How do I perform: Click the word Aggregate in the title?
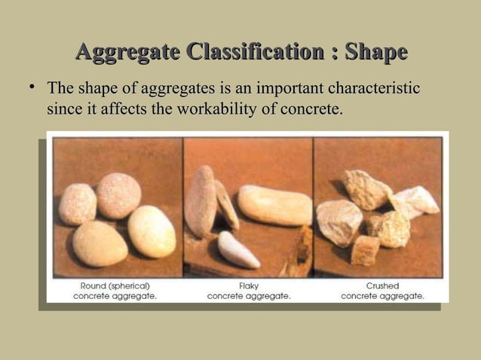[127, 53]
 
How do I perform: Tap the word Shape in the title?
[375, 53]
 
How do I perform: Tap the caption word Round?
[94, 286]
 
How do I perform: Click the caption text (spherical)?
[130, 286]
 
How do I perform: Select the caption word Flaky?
[248, 286]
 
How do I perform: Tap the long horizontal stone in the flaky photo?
[274, 205]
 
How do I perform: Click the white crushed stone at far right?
[416, 200]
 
